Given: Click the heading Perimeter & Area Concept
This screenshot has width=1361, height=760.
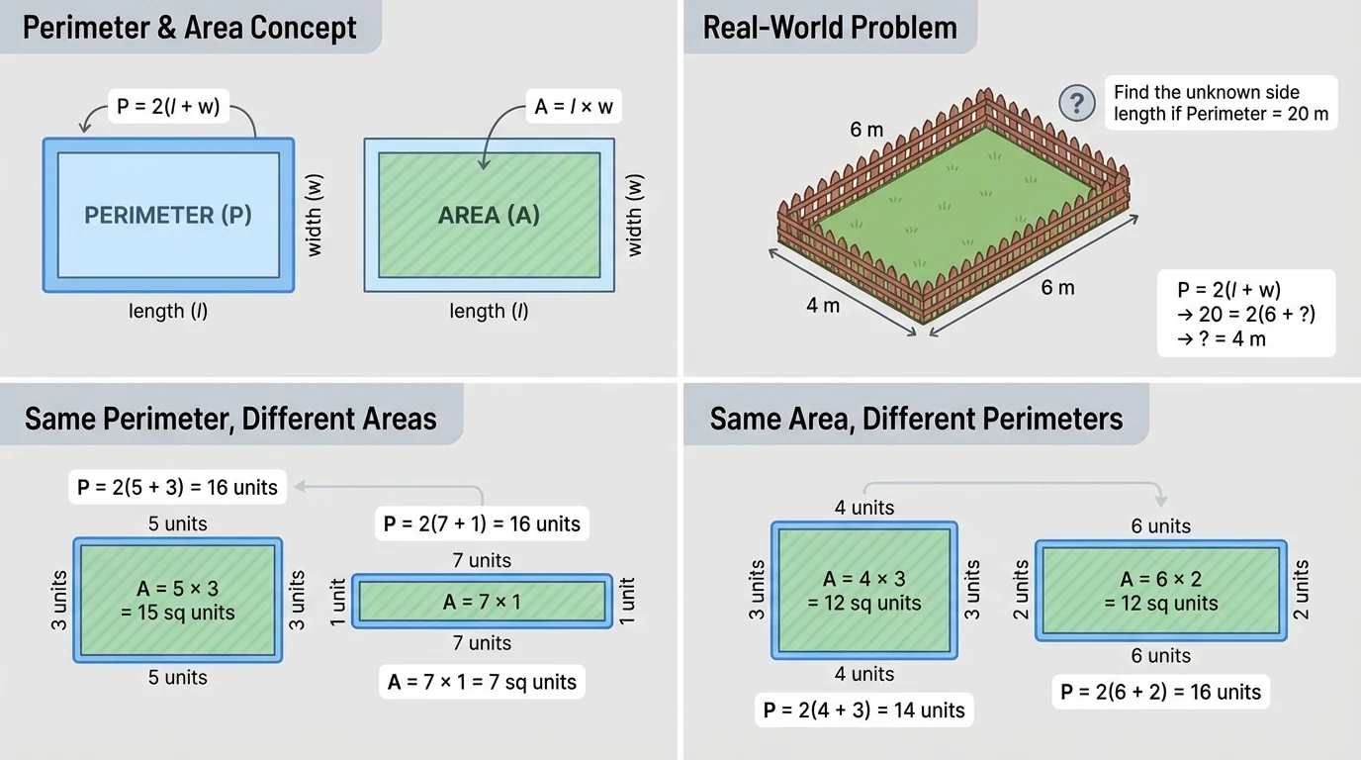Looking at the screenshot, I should pos(190,27).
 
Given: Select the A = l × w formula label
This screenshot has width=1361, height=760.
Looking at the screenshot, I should pos(578,106).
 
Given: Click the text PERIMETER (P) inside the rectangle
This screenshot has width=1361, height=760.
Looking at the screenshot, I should pos(168,215).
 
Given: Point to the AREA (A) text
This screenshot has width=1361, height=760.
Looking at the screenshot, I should pos(489,215).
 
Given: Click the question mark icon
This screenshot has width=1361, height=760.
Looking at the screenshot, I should pos(1077,102).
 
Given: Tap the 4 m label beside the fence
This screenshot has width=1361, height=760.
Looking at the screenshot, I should pos(823,306).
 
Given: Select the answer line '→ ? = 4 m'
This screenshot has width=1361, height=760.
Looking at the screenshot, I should pos(1222,338).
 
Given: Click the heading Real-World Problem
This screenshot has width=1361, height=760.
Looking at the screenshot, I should pos(830,27).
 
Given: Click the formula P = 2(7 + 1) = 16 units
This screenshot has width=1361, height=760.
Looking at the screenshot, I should pos(482,523).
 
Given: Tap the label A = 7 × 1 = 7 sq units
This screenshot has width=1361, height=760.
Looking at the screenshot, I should pos(482,682).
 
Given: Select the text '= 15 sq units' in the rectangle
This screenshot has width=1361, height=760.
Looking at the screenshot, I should pos(178,613).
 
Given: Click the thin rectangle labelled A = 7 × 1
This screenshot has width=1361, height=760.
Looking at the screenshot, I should pos(482,601).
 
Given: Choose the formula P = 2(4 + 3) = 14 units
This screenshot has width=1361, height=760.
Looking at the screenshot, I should pos(864,710).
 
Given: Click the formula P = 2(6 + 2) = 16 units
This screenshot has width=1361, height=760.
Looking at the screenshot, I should pos(1161,692).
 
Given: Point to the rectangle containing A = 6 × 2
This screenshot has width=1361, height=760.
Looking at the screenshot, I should pos(1161,591).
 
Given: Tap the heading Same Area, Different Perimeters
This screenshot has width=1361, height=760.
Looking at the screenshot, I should pos(916,419).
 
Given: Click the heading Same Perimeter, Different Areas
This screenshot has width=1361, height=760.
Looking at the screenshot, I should pos(230,419).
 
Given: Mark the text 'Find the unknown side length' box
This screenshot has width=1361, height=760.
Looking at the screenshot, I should pos(1221,103).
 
